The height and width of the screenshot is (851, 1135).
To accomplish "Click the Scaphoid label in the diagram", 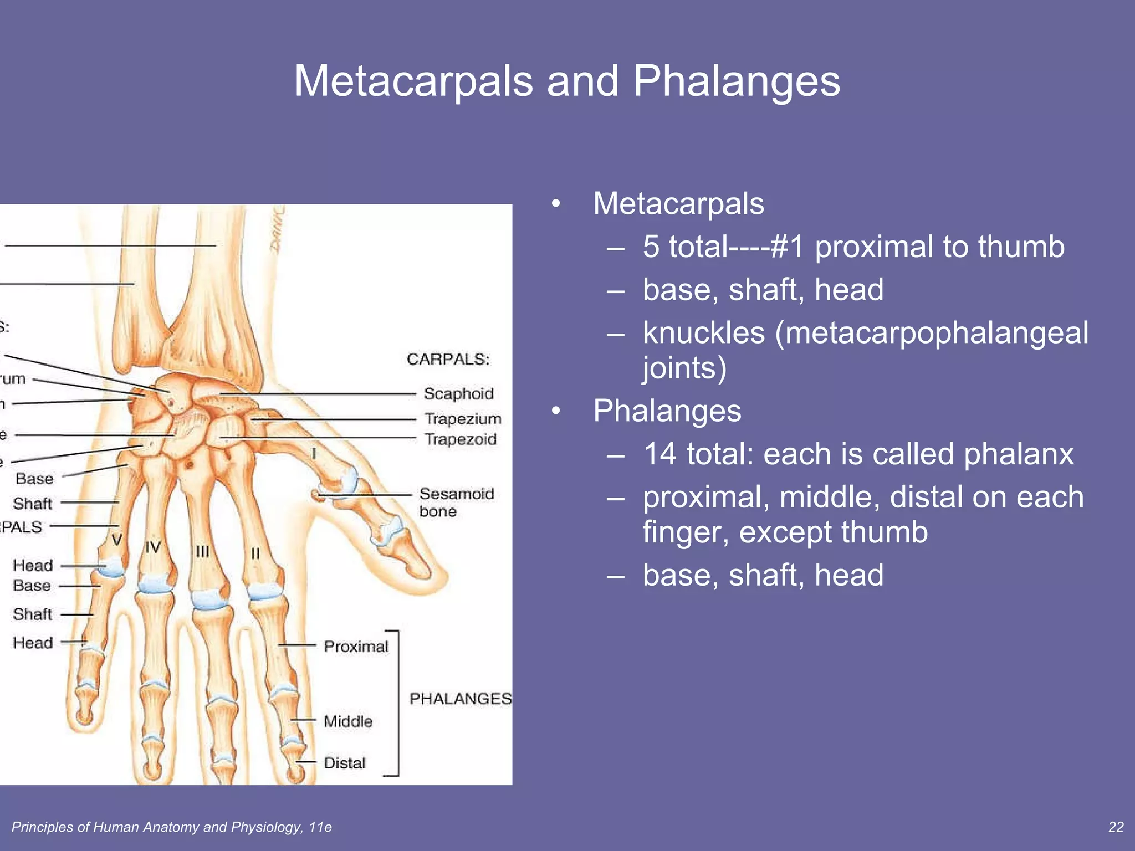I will click(458, 393).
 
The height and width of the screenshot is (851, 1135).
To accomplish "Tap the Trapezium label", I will click(463, 418).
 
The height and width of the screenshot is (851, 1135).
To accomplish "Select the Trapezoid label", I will click(461, 439).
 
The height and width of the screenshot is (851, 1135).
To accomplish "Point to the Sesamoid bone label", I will click(456, 501).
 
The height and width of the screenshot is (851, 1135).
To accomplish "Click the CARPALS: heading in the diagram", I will click(448, 359).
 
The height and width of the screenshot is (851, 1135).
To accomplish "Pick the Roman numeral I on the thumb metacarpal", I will click(314, 453).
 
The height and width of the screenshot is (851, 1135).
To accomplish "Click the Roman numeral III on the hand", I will click(202, 551).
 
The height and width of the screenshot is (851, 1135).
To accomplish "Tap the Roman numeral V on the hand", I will click(116, 539).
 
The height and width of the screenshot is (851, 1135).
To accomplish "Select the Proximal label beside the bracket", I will click(356, 646).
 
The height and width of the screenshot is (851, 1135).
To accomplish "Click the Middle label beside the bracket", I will click(348, 721).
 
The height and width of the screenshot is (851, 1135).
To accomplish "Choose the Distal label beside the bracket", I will click(344, 763).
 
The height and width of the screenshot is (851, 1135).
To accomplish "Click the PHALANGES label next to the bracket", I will click(460, 699).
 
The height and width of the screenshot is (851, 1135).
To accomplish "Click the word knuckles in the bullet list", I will click(703, 333).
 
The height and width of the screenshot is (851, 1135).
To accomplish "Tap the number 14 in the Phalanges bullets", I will click(659, 454).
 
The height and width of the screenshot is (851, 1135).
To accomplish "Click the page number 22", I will click(1116, 827).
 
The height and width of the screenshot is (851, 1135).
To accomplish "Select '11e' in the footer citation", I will click(320, 827).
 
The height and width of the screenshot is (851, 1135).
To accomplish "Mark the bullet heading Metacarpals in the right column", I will click(678, 203).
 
